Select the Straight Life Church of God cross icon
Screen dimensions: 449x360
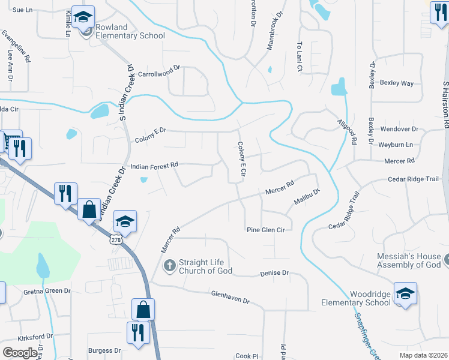point(170,265)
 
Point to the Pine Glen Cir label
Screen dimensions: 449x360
point(265,230)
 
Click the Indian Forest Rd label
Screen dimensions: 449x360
point(154,165)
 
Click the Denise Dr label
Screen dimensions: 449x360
point(274,273)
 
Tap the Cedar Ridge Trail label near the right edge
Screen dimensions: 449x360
point(414,179)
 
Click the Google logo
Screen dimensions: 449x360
point(20,352)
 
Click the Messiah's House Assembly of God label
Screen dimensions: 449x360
point(408,260)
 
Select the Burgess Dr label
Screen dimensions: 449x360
point(104,350)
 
